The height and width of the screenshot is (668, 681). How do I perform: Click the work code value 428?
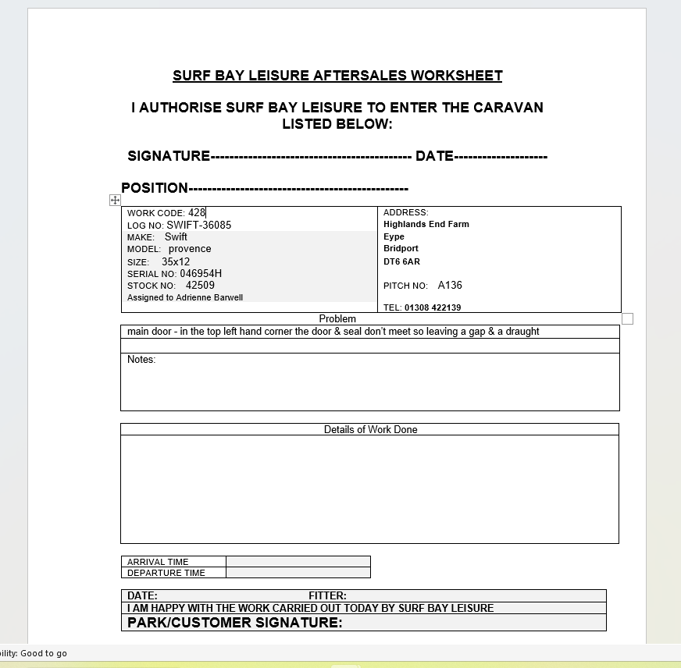click(196, 212)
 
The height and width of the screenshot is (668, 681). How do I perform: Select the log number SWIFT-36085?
click(198, 225)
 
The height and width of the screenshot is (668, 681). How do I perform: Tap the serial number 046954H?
click(201, 274)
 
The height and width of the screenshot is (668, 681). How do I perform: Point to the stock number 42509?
click(200, 286)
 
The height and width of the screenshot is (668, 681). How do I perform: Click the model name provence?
click(190, 249)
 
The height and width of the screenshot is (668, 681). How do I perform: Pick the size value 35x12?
click(176, 261)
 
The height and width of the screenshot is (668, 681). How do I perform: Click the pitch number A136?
click(450, 286)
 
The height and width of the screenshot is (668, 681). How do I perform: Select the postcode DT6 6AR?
click(401, 261)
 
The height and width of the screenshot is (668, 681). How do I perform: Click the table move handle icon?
click(115, 201)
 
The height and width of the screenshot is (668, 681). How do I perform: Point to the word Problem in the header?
click(337, 318)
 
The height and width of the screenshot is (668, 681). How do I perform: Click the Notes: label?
click(141, 360)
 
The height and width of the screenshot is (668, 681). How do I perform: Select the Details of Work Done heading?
click(370, 429)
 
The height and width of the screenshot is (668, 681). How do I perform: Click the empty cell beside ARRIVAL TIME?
click(298, 561)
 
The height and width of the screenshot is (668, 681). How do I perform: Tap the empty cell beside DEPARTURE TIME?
click(298, 573)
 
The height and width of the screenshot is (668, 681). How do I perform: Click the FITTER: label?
click(327, 595)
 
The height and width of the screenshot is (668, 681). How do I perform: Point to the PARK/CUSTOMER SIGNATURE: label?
click(234, 622)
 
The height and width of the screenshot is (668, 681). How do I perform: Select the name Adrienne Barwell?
click(209, 297)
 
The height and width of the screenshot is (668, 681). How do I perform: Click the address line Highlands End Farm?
click(426, 224)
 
